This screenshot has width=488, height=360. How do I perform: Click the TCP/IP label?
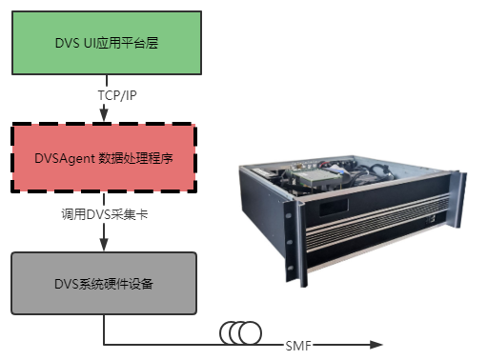pyautogui.click(x=102, y=95)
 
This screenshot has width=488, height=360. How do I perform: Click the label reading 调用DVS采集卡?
pyautogui.click(x=102, y=215)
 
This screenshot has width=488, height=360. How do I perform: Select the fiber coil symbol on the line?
pyautogui.click(x=240, y=332)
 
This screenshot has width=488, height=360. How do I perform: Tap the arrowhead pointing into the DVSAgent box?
pyautogui.click(x=102, y=116)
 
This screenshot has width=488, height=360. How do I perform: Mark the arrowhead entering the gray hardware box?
pyautogui.click(x=102, y=246)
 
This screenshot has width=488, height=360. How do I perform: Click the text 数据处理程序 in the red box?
pyautogui.click(x=139, y=158)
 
